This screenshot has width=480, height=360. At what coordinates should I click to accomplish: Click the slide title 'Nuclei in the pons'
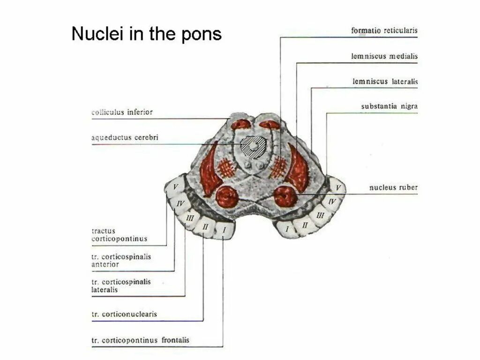pyautogui.click(x=146, y=34)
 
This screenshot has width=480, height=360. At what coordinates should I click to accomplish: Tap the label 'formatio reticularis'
pyautogui.click(x=384, y=31)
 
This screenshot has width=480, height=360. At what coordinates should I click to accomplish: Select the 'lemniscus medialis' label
pyautogui.click(x=384, y=56)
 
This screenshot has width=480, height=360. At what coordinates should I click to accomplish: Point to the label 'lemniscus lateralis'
pyautogui.click(x=385, y=82)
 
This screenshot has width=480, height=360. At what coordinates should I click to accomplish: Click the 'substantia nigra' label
pyautogui.click(x=389, y=106)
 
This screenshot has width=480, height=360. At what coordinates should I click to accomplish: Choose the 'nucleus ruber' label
pyautogui.click(x=393, y=188)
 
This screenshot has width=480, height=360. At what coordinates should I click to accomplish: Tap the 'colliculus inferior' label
pyautogui.click(x=122, y=112)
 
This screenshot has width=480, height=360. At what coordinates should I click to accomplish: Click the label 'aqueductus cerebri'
pyautogui.click(x=125, y=138)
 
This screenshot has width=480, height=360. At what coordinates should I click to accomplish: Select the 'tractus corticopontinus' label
pyautogui.click(x=119, y=235)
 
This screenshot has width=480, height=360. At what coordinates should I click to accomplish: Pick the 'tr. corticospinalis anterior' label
pyautogui.click(x=121, y=261)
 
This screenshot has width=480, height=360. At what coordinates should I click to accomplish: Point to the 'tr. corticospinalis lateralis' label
pyautogui.click(x=121, y=286)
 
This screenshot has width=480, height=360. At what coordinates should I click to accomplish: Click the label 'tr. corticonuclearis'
pyautogui.click(x=124, y=315)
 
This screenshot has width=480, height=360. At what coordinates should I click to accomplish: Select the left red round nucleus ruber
pyautogui.click(x=227, y=196)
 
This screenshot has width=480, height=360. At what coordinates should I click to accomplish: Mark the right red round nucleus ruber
pyautogui.click(x=285, y=196)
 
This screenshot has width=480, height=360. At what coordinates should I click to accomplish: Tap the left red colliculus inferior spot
pyautogui.click(x=240, y=124)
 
